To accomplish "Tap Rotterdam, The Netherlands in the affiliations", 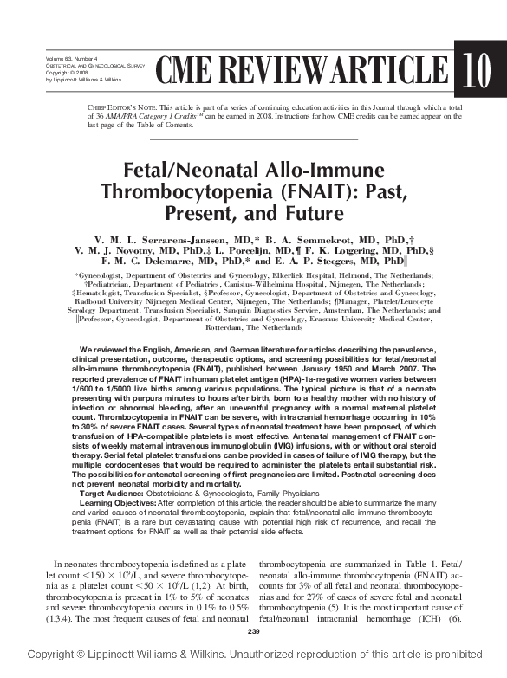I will [x=253, y=328].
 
